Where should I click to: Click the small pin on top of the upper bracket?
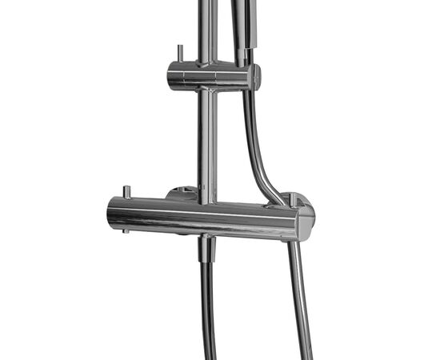179,53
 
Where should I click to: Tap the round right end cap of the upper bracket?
254,77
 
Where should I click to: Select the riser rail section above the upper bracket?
207,28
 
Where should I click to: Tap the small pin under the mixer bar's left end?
126,232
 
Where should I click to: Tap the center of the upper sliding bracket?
210,77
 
